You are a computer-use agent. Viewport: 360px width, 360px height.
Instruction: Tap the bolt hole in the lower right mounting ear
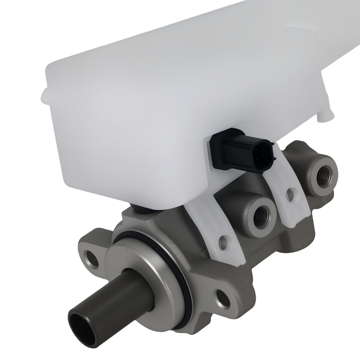[x=222, y=297]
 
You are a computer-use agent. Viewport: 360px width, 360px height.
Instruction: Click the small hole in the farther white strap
[x=289, y=195]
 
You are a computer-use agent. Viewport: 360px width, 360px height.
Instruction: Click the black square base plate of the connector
[x=220, y=151]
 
